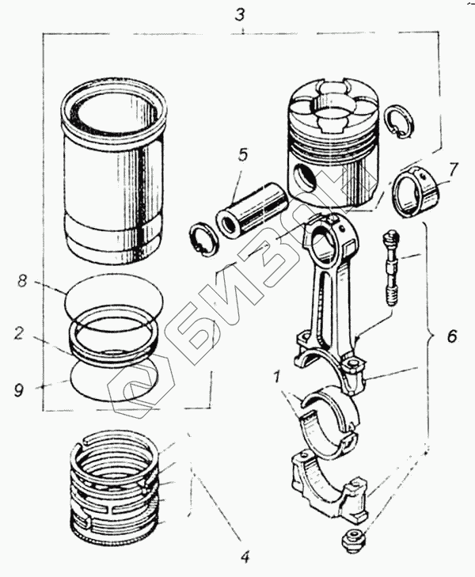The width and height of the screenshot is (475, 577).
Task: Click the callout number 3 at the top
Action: pos(240,16)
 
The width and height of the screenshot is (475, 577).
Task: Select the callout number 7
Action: pos(453,170)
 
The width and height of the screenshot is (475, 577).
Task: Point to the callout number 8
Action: pos(22,282)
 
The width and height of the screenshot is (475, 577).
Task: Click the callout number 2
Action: pos(20,334)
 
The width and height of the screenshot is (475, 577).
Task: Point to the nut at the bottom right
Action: pos(352,537)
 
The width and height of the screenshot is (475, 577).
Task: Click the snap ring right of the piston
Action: pos(399,124)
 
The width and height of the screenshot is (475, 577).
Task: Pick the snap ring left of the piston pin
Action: pos(203,240)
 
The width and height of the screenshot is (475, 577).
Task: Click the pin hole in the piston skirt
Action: pos(305,178)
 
